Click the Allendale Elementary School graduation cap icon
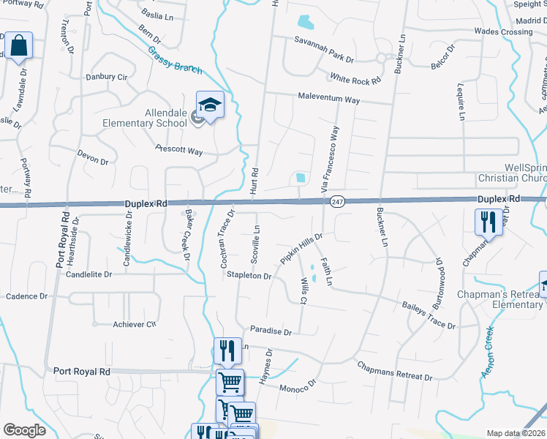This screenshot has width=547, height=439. click(x=210, y=105)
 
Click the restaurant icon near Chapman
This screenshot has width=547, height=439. click(x=488, y=221)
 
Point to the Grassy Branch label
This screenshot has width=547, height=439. click(x=175, y=59)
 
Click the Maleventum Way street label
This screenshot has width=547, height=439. click(x=328, y=98)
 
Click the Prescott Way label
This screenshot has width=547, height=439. click(x=178, y=151)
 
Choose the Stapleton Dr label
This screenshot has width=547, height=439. click(x=249, y=276)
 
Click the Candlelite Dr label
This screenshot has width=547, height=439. click(x=88, y=274)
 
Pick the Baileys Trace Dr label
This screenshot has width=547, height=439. click(x=429, y=315)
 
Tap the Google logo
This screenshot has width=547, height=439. click(x=24, y=430)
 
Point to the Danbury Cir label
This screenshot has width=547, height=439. click(x=106, y=76)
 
